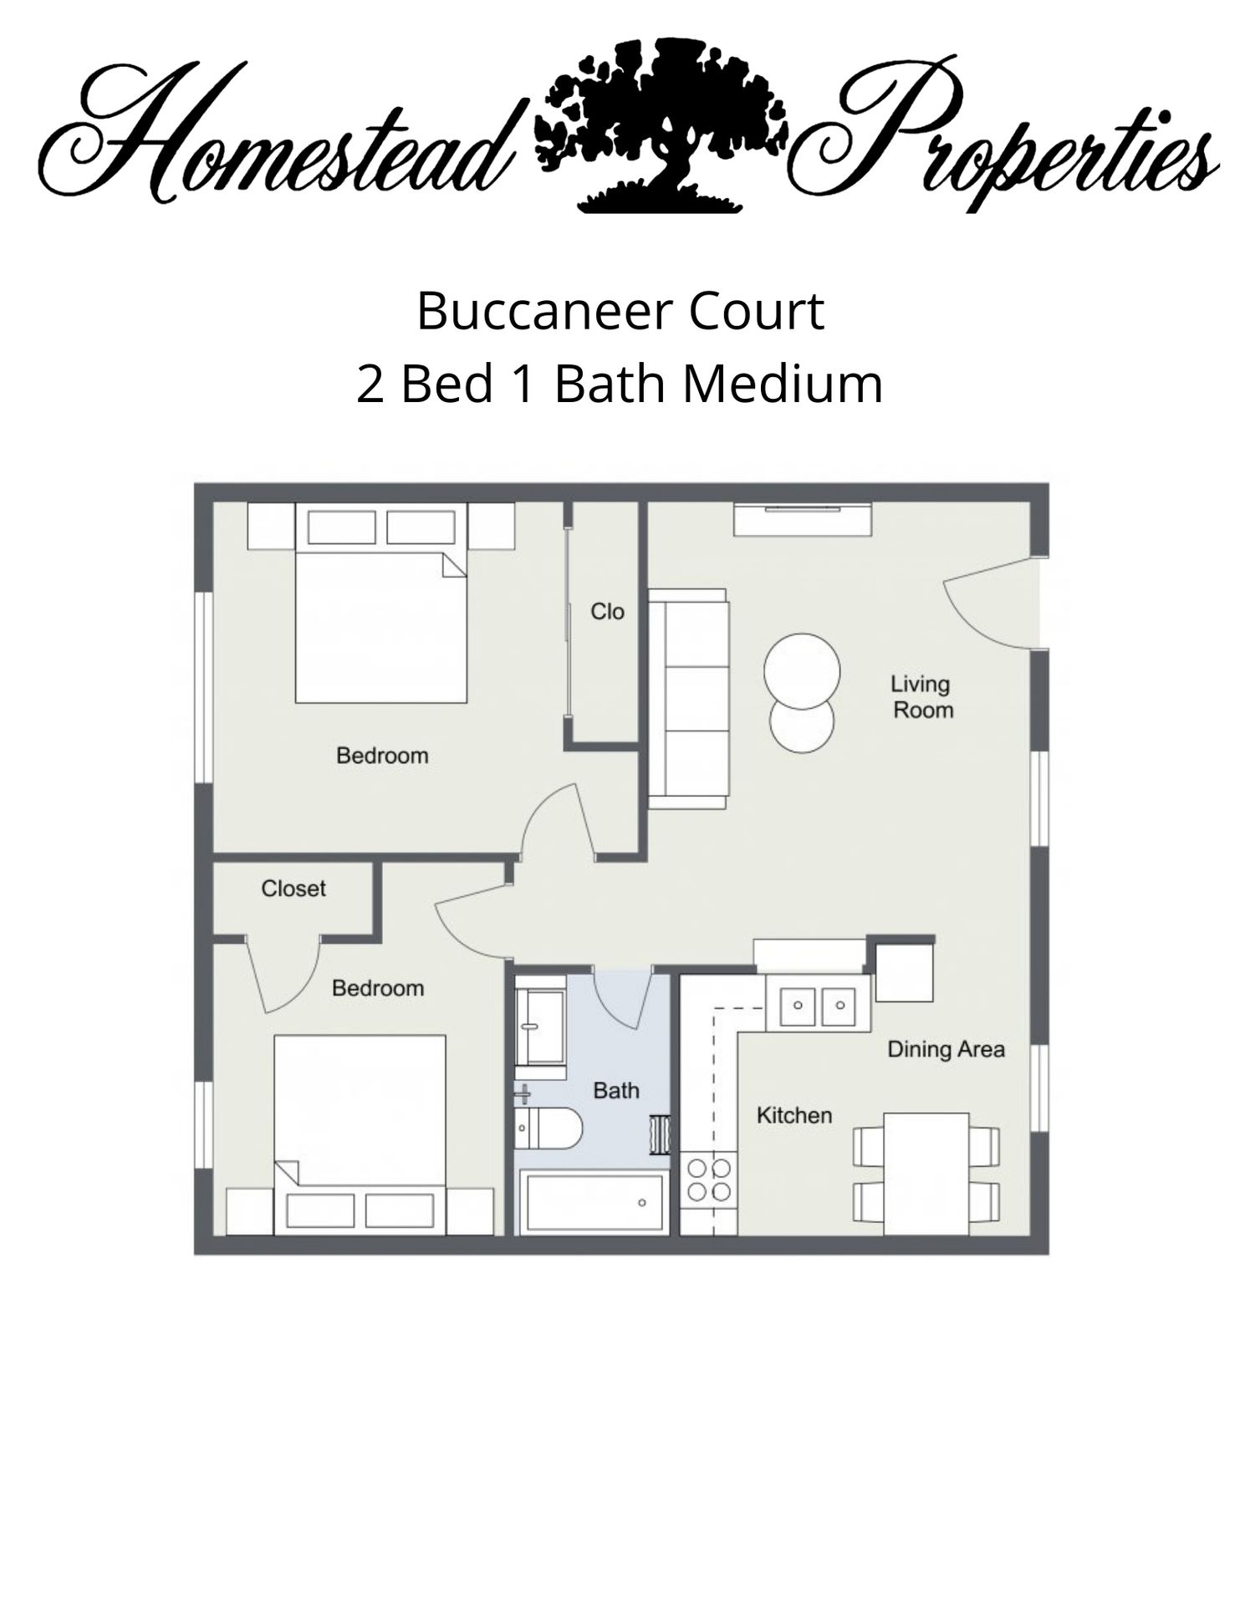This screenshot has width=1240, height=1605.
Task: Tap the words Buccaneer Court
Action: [x=620, y=311]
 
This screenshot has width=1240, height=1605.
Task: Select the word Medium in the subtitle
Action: [x=782, y=385]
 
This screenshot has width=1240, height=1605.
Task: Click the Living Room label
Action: [x=921, y=697]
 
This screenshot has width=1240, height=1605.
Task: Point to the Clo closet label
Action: [x=607, y=612]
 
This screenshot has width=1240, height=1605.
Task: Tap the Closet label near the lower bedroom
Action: [x=293, y=889]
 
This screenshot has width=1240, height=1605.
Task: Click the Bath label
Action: [x=615, y=1090]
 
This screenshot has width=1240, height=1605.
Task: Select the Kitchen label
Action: [x=793, y=1115]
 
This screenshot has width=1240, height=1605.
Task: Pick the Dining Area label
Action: [x=946, y=1049]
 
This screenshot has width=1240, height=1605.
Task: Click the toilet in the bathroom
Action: [x=549, y=1129]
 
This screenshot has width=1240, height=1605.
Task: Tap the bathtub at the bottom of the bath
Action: [x=594, y=1202]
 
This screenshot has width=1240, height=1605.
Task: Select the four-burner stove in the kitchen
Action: [x=708, y=1180]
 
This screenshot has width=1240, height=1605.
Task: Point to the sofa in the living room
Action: [x=688, y=699]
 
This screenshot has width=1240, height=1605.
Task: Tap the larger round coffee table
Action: [x=802, y=671]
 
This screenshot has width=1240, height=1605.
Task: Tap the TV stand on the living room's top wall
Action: [x=803, y=520]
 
